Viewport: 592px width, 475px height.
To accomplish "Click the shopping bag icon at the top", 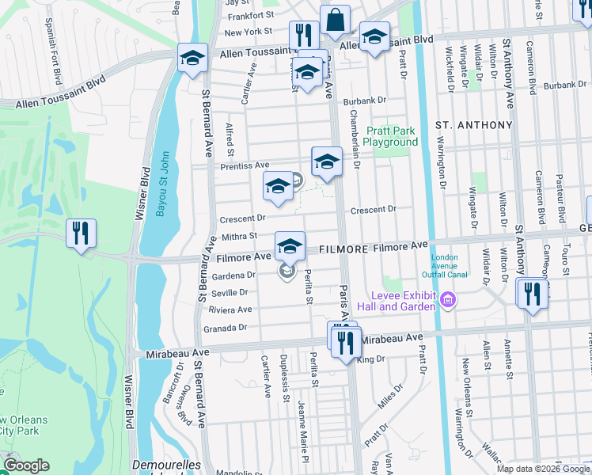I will [x=336, y=20].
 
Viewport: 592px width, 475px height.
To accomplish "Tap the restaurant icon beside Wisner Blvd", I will [x=81, y=234].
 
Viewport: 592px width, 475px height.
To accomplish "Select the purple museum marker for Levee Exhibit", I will [x=449, y=299].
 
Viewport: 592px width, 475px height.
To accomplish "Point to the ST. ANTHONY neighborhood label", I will [x=473, y=125].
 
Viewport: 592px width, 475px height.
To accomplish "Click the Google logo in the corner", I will [x=25, y=465].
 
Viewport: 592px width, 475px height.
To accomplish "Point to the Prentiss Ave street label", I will [x=246, y=165].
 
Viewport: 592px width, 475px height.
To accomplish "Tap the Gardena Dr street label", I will [x=233, y=275].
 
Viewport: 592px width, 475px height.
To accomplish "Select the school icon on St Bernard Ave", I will [x=192, y=58].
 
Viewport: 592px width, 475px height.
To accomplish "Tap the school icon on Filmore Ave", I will [x=290, y=245].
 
